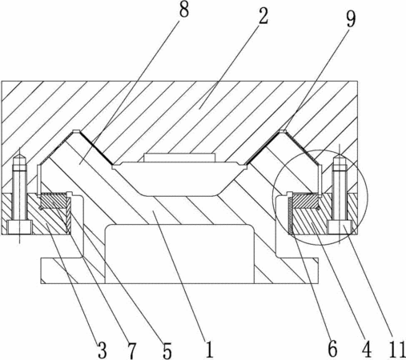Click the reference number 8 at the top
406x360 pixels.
pyautogui.click(x=184, y=10)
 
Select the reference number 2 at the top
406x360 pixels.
pyautogui.click(x=263, y=15)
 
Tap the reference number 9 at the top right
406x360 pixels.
pyautogui.click(x=351, y=18)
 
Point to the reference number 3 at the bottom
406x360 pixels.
pyautogui.click(x=103, y=350)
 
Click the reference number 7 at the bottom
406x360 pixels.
pyautogui.click(x=131, y=350)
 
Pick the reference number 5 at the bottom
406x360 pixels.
pyautogui.click(x=167, y=350)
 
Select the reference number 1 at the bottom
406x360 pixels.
pyautogui.click(x=210, y=350)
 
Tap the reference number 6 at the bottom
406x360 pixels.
pyautogui.click(x=332, y=349)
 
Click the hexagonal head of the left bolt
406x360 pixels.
pyautogui.click(x=20, y=227)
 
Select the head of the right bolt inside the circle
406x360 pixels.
pyautogui.click(x=340, y=227)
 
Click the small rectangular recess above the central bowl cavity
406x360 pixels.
pyautogui.click(x=179, y=158)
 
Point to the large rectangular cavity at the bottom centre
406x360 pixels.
pyautogui.click(x=179, y=254)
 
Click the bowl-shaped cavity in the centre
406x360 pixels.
pyautogui.click(x=179, y=179)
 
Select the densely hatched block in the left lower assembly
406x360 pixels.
pyautogui.click(x=53, y=201)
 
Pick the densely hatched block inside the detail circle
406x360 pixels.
pyautogui.click(x=306, y=201)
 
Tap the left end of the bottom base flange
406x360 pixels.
pyautogui.click(x=41, y=270)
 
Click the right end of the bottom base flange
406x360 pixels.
pyautogui.click(x=318, y=270)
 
